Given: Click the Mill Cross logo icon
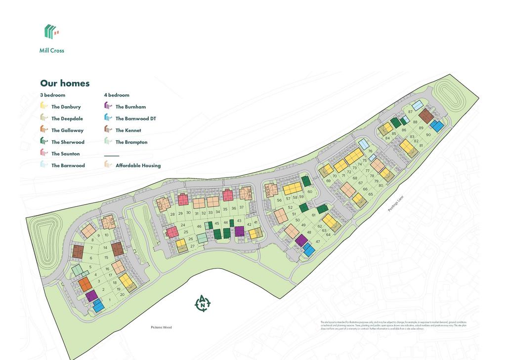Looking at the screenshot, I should coord(51,32).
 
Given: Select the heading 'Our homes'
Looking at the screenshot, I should coord(65,83).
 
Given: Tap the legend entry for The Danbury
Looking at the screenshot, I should coord(66,107).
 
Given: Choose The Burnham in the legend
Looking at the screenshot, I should coord(130,107).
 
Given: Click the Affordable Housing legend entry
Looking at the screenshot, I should coord(138,166).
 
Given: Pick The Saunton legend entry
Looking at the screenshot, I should coord(65,154).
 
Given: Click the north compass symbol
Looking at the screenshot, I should coord(203,303).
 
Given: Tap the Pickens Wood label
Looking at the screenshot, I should coord(161,327).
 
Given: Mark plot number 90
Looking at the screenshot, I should coord(428,135).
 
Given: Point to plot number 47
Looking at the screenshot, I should coord(318,241).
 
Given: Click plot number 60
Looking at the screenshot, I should coord(310,191).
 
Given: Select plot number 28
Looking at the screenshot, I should coord(172,214).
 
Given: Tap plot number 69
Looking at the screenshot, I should coord(328,181).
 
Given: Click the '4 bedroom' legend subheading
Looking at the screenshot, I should coord(117,95).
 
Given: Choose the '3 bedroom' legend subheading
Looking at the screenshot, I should coord(52,95).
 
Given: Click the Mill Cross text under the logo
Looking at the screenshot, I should coord(52,50).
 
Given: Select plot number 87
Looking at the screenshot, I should coord(410,112).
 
